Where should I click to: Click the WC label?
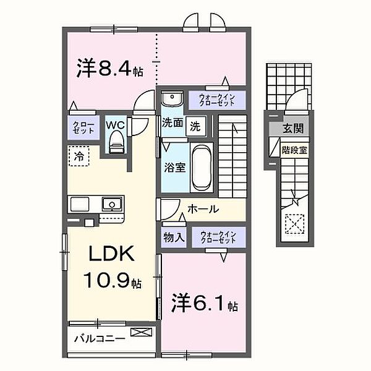(116, 125)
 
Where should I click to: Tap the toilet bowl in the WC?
(116, 144)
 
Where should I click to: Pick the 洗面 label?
(173, 123)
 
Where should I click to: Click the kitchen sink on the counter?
(111, 202)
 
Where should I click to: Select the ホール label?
(203, 209)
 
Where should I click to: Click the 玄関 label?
(293, 129)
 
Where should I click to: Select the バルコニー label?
(99, 339)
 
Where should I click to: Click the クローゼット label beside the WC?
(80, 128)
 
